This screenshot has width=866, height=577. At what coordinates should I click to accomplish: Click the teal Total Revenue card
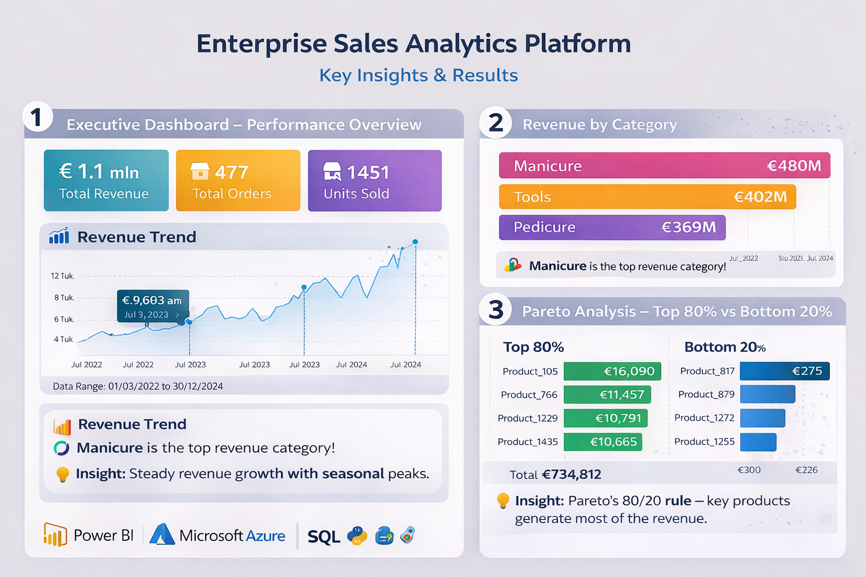point(107,180)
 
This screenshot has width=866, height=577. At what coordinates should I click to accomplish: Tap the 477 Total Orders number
point(231,172)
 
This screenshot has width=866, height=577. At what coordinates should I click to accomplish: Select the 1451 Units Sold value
point(368,172)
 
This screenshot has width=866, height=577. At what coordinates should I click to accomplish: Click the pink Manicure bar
point(665,166)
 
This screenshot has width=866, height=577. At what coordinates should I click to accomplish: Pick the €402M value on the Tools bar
point(760,197)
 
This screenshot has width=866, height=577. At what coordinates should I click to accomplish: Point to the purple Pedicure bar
point(612,227)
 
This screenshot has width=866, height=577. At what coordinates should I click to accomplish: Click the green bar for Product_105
point(612,371)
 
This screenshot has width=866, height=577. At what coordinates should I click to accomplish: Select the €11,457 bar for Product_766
point(607,394)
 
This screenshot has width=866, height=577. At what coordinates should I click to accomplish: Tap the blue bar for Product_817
point(785,371)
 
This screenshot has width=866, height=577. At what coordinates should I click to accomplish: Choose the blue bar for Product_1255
point(758,442)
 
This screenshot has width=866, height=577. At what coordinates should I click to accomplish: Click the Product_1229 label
point(528,418)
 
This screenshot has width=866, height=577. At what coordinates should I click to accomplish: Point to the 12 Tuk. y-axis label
point(62,276)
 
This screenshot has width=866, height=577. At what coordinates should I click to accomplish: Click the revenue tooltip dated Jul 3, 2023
point(153,306)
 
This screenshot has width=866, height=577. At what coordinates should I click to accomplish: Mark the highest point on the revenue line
point(415,242)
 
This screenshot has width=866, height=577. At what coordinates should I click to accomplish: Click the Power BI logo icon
point(55,535)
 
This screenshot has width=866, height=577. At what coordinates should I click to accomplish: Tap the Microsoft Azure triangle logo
point(162,535)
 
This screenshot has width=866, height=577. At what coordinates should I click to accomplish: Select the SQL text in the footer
point(324,536)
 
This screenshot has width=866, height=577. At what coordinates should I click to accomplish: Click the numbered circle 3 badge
point(496,310)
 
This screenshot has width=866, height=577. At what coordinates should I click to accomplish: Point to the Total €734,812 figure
point(555,474)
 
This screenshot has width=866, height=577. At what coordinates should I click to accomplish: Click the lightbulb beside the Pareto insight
point(503,501)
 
